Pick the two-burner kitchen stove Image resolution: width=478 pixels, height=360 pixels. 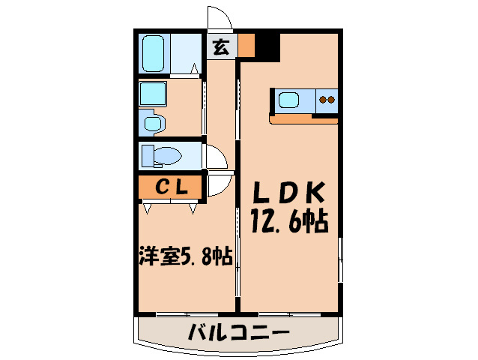pyautogui.click(x=327, y=100)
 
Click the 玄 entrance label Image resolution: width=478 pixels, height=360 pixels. pyautogui.click(x=220, y=46)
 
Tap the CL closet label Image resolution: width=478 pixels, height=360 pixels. pyautogui.click(x=169, y=185)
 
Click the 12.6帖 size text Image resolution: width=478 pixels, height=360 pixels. pyautogui.click(x=288, y=222)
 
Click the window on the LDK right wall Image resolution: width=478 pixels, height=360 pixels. pyautogui.click(x=341, y=259)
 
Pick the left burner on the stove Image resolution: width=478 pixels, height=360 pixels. pyautogui.click(x=322, y=99)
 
